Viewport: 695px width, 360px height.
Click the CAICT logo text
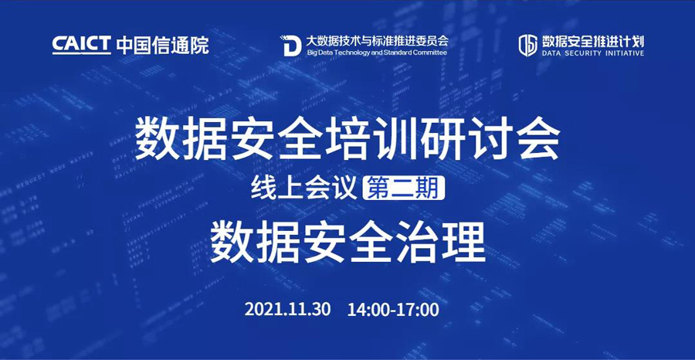(x=82, y=45)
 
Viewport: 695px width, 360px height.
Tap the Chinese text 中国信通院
(x=163, y=45)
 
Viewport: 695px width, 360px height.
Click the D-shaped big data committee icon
(x=290, y=46)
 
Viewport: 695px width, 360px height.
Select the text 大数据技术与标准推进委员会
(x=376, y=41)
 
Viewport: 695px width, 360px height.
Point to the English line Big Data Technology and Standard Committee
(x=376, y=53)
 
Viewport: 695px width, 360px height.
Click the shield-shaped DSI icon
(x=528, y=46)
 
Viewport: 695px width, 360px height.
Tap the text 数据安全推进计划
(x=592, y=42)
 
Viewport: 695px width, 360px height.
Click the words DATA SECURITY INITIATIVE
(x=592, y=53)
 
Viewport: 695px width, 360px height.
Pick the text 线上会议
(x=304, y=188)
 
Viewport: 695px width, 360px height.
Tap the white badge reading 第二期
(x=404, y=188)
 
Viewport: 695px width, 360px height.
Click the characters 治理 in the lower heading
(x=449, y=245)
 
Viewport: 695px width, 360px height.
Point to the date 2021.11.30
(x=287, y=310)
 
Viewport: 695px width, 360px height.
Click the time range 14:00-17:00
(x=393, y=310)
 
